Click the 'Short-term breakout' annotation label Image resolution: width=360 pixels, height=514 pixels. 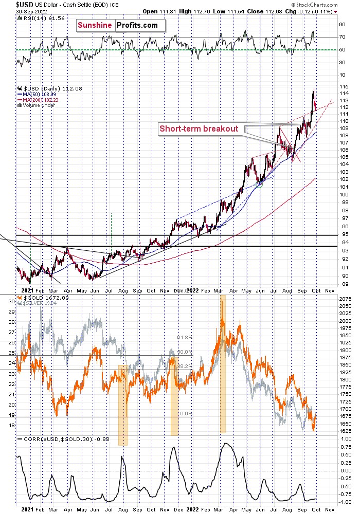200,128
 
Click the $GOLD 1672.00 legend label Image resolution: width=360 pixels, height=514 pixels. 40,298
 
